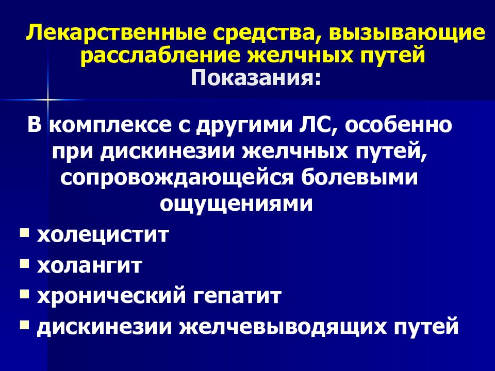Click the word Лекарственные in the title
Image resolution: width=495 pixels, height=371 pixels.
pyautogui.click(x=108, y=34)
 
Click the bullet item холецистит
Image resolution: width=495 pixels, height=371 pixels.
pyautogui.click(x=103, y=236)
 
